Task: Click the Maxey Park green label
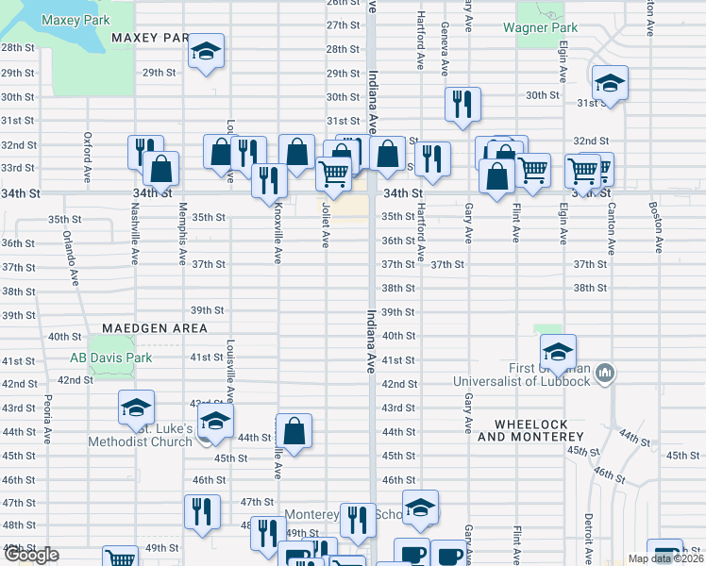click(76, 20)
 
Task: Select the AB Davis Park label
click(110, 358)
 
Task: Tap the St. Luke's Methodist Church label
click(141, 435)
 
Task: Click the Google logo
click(31, 555)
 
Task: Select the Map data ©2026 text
click(664, 558)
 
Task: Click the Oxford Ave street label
click(87, 157)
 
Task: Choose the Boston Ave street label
click(654, 228)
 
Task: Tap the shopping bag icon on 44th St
click(294, 430)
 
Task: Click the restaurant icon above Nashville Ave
click(143, 152)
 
